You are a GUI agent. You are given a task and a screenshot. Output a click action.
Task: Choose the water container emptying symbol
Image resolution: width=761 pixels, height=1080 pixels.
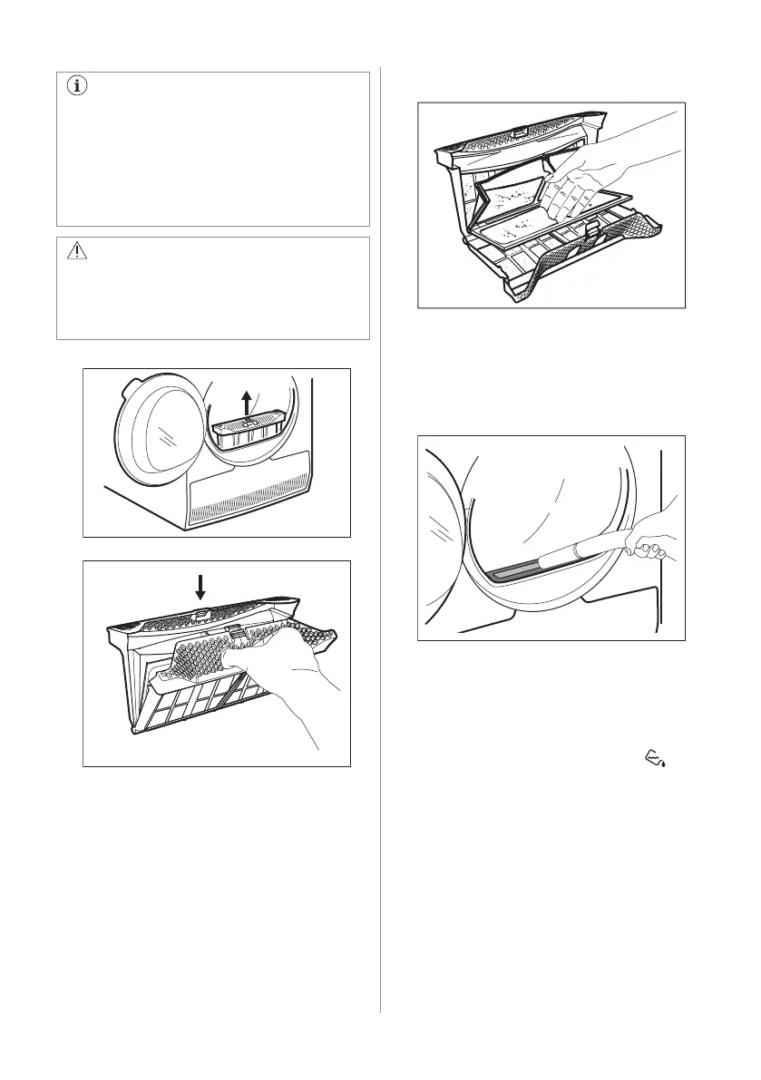[x=656, y=756]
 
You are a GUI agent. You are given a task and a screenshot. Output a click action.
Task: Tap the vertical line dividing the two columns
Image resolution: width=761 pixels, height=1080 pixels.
[x=381, y=544]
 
